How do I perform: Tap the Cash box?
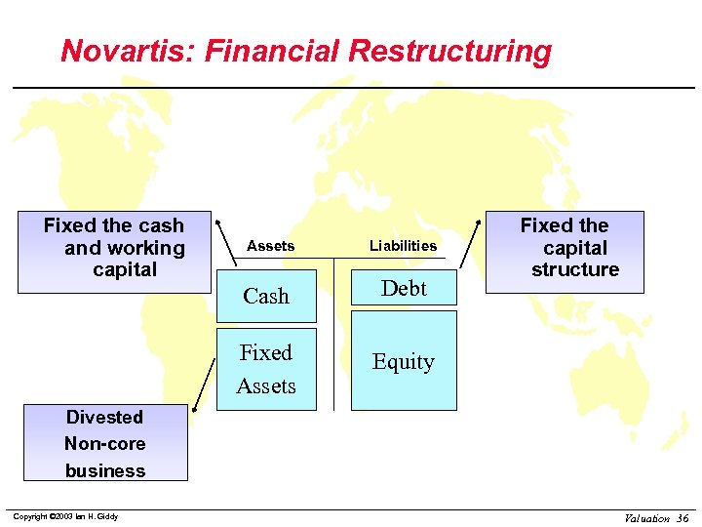[266, 296]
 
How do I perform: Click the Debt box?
[404, 288]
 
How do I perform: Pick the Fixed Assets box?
[266, 369]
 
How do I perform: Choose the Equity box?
[404, 361]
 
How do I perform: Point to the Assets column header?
[270, 246]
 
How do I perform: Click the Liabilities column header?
[403, 246]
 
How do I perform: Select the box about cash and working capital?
[114, 252]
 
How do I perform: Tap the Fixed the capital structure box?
[565, 251]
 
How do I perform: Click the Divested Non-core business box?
[105, 444]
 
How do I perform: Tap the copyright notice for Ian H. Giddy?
[63, 516]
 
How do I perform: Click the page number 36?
[682, 518]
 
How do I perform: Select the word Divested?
[104, 418]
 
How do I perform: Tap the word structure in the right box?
[575, 269]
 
